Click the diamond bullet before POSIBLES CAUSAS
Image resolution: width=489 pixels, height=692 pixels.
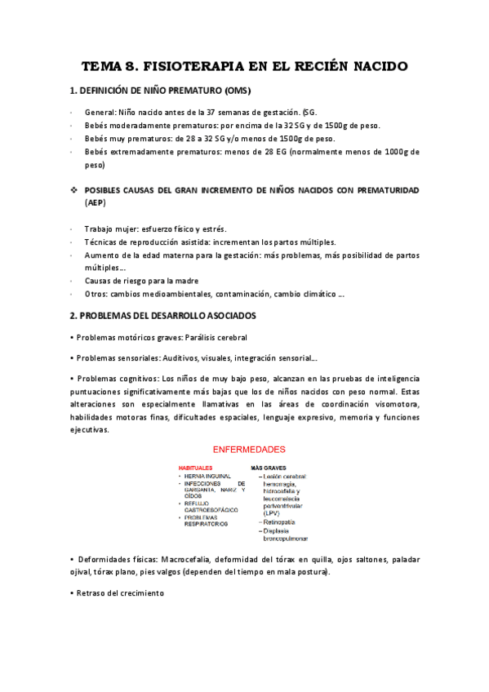point(73,190)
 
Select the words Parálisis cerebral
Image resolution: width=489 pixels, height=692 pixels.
point(216,337)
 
